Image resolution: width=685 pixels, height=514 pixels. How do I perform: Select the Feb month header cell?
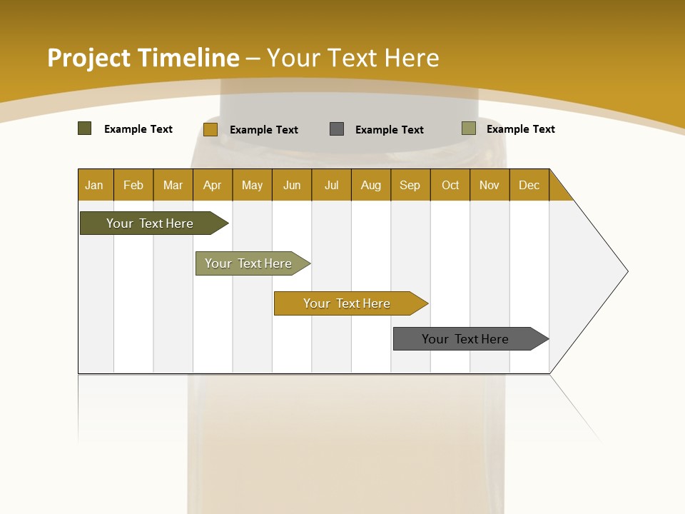coord(133,185)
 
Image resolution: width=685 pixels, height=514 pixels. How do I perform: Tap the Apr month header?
coord(213,185)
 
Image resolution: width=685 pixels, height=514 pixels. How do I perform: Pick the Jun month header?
coord(292,185)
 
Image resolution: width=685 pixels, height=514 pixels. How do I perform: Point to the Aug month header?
coord(371,185)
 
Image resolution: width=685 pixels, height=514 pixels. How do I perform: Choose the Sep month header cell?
coord(410,185)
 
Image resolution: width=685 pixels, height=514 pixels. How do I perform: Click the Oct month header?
coord(450,185)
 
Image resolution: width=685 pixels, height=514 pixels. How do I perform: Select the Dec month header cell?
coord(529,185)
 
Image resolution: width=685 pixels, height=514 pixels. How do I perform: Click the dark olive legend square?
coord(84,128)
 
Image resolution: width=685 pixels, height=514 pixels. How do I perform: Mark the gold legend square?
coord(210,129)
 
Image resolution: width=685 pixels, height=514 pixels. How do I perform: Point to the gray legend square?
coord(337,128)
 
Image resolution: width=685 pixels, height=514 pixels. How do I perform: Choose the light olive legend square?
coord(468,128)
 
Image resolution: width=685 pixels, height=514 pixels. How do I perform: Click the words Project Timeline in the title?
coord(143,58)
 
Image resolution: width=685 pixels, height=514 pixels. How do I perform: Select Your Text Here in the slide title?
coord(352,58)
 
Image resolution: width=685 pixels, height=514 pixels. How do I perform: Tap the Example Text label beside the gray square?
coord(390,130)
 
